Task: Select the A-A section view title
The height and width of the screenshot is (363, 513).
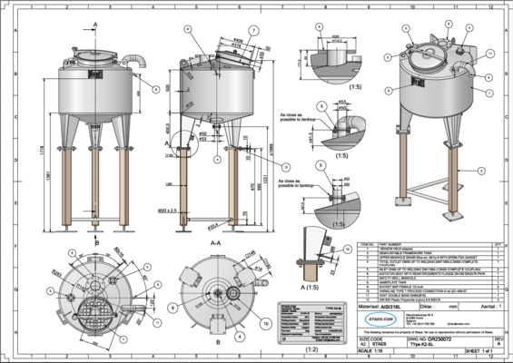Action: (x=215, y=243)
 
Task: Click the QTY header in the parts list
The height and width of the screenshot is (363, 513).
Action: (x=498, y=243)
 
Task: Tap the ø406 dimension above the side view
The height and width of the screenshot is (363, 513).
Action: (x=238, y=41)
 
